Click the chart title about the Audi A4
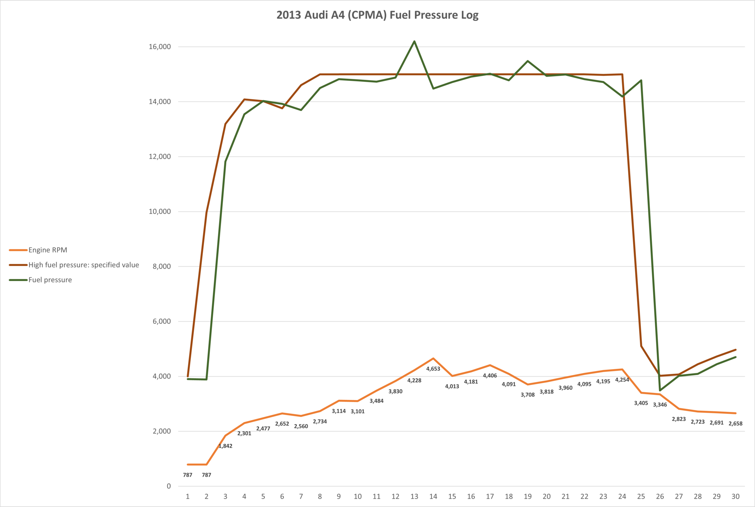pos(377,15)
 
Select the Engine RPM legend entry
pos(48,250)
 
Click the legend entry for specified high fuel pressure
pos(84,265)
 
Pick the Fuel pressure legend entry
pos(50,280)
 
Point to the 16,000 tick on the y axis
pos(160,47)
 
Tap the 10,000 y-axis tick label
pos(160,212)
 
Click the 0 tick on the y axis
pos(169,486)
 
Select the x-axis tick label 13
pos(414,496)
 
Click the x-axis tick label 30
pos(735,496)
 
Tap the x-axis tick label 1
pos(187,496)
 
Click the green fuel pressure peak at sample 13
pos(414,41)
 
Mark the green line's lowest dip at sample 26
pos(660,390)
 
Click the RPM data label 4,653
pos(433,369)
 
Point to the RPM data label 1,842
pos(225,446)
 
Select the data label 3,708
pos(528,395)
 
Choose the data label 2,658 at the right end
pos(735,424)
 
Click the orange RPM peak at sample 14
pos(433,358)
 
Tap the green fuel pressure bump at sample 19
pos(528,61)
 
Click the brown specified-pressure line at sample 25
pos(641,346)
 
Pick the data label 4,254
pos(622,380)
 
